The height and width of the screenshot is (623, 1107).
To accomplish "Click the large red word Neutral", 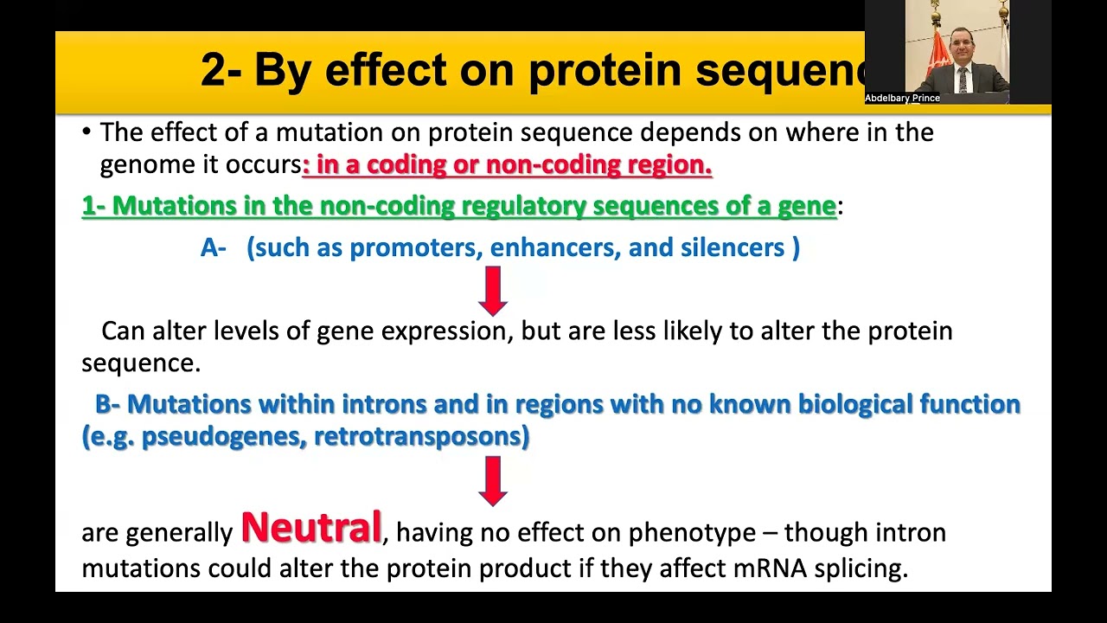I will [310, 528].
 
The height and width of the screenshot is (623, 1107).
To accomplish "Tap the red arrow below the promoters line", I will [493, 290].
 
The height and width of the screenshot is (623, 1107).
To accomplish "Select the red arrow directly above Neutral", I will [493, 480].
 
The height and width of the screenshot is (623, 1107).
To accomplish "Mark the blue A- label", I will [213, 248].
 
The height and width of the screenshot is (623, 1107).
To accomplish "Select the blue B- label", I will [108, 404].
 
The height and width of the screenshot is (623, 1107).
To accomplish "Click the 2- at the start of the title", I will [221, 70].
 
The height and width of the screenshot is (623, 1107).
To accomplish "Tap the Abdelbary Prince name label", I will [902, 99].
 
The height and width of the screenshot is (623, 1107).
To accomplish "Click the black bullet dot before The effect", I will [86, 132].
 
